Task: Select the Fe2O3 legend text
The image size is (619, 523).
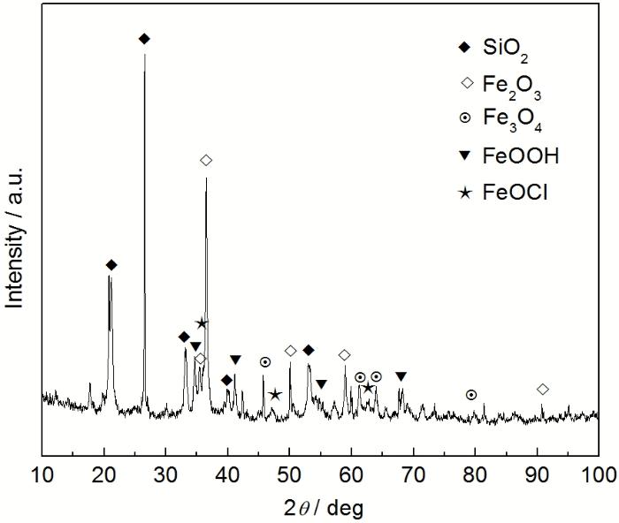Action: [x=512, y=87]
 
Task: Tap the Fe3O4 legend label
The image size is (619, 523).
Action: [x=512, y=120]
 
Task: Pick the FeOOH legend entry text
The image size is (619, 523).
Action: [x=521, y=155]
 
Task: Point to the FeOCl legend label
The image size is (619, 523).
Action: [x=516, y=193]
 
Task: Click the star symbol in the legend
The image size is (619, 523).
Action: [x=466, y=193]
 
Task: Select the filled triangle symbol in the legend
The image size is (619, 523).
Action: [x=466, y=156]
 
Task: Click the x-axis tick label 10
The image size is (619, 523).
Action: [x=42, y=474]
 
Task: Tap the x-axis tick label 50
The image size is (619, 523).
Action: [x=289, y=474]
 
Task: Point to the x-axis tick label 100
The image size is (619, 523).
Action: [x=599, y=474]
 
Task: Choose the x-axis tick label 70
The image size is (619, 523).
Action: [x=413, y=474]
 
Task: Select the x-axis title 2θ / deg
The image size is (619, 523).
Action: [x=324, y=508]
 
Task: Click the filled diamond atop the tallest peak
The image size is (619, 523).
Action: [x=144, y=39]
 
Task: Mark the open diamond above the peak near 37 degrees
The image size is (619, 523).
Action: [x=206, y=160]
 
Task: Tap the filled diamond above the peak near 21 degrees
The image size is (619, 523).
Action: [x=111, y=265]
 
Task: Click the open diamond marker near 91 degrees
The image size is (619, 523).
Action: [x=543, y=390]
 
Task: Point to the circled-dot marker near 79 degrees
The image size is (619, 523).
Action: [x=471, y=394]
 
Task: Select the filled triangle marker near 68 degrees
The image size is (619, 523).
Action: [x=401, y=376]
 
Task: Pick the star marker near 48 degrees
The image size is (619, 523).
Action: [x=275, y=394]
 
